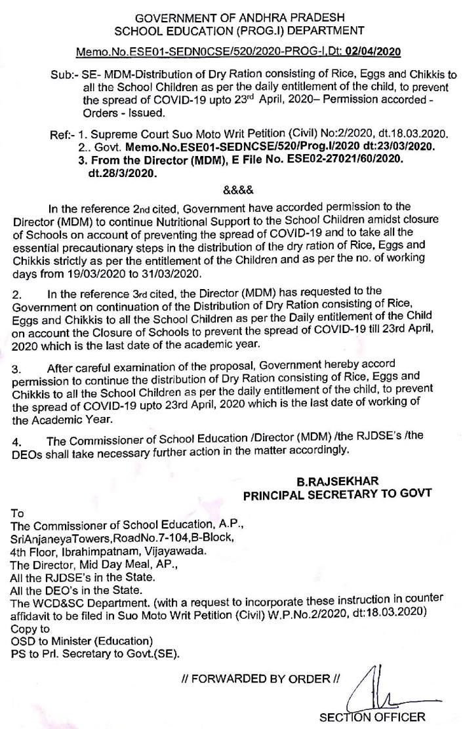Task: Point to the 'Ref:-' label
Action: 63,134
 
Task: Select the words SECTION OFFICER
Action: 372,717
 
